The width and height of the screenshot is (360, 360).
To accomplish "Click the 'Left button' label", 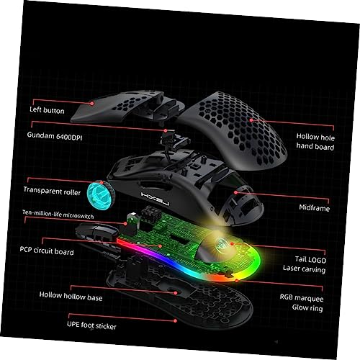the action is pos(47,110).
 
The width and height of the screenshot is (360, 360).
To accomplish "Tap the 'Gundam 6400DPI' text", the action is pos(55,136).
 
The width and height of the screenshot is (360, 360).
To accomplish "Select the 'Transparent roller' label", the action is pos(52,191).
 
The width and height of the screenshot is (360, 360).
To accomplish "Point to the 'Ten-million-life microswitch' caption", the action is pos(58,215).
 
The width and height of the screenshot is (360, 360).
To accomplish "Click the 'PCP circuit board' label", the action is pos(47,251).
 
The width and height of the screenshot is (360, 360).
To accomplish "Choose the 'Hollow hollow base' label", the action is pos(71,296).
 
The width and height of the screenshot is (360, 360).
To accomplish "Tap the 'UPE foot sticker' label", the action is pos(91,325).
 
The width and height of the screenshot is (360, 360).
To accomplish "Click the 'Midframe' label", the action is pos(315,207).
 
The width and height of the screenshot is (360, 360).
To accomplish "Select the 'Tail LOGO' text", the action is pos(310,259).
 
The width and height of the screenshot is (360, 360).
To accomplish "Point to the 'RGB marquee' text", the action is pos(302,298).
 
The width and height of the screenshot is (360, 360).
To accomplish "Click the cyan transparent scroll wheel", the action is pos(100,196).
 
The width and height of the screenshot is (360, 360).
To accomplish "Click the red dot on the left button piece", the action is pos(92,104).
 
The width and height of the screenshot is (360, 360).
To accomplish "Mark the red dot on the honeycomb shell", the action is pos(251,120).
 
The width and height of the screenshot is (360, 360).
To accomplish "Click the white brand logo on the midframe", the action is pos(156,199).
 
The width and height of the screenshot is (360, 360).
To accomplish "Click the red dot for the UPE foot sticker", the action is pos(175,320).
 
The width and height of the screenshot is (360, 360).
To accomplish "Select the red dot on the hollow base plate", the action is pos(176,293).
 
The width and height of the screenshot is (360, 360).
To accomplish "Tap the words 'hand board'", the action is pos(315,146).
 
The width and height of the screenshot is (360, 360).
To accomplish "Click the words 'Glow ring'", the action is pos(307,307).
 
